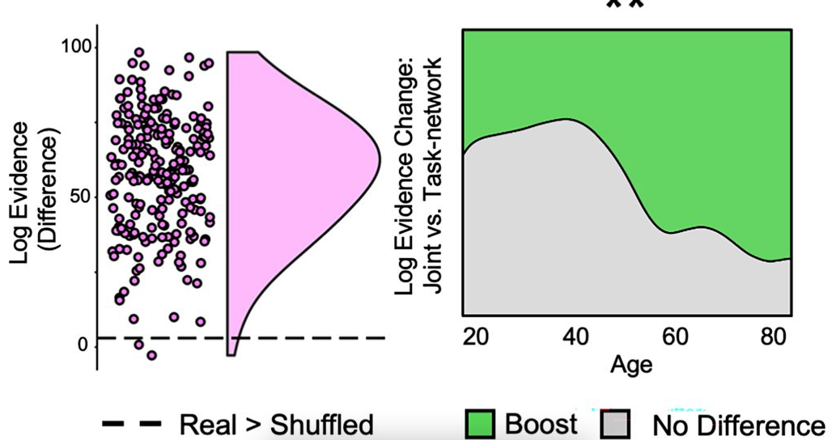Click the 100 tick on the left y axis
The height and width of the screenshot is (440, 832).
click(x=79, y=47)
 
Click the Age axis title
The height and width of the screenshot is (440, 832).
click(x=630, y=363)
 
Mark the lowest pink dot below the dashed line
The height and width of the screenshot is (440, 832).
click(x=151, y=355)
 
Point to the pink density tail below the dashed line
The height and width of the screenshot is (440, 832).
click(x=231, y=349)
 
